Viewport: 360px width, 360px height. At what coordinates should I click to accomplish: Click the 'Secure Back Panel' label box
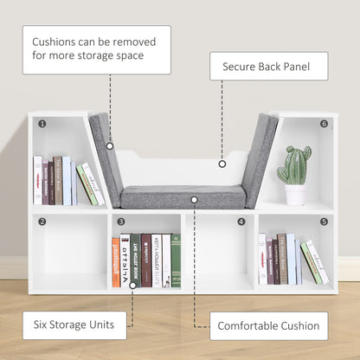268,66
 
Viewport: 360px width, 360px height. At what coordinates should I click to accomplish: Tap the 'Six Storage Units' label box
74,325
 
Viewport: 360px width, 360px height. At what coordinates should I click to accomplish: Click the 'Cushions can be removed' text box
96,49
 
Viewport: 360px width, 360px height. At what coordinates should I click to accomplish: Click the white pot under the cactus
294,195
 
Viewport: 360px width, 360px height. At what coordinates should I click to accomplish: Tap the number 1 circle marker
41,123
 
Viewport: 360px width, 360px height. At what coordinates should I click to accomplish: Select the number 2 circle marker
41,222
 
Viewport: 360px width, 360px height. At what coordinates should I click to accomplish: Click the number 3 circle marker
121,222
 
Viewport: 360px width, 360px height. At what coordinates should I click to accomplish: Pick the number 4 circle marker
241,222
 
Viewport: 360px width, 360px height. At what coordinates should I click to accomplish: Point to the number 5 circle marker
324,222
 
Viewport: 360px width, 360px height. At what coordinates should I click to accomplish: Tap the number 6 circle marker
324,123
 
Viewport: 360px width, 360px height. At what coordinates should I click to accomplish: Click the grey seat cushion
183,196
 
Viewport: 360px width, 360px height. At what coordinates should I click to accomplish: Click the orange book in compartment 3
116,261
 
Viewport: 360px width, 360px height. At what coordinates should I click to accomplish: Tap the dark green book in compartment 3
176,260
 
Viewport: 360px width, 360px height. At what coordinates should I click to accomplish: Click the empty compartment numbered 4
219,255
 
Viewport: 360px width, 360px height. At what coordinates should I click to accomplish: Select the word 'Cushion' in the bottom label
292,326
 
